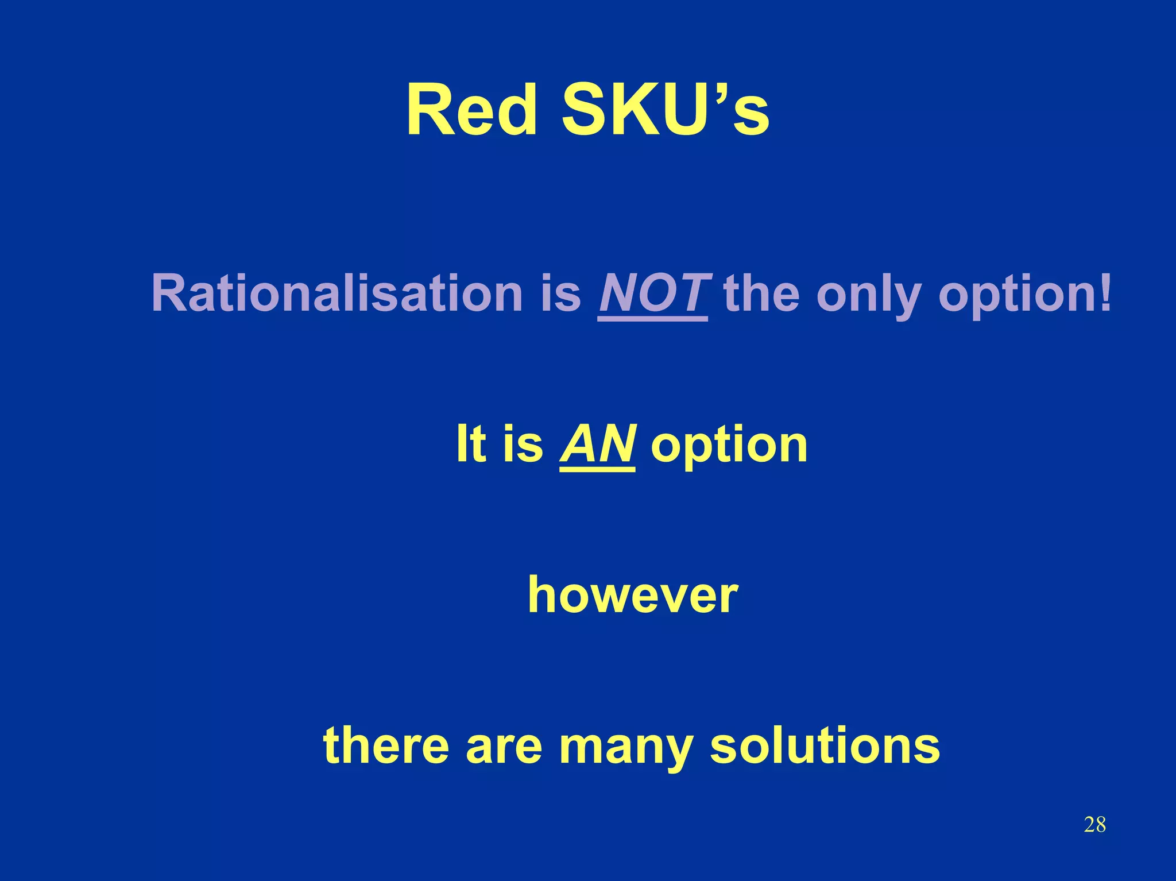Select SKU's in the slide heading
[665, 110]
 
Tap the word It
[470, 443]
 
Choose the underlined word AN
[597, 443]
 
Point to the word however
[633, 595]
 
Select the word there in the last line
[386, 745]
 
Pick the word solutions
[825, 745]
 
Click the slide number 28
[1094, 825]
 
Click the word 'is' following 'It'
[522, 443]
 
